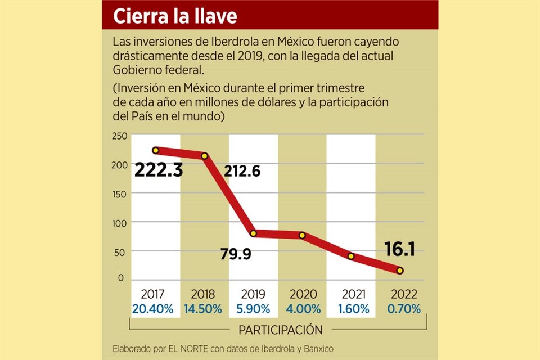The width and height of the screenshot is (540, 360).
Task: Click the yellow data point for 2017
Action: click(x=156, y=150)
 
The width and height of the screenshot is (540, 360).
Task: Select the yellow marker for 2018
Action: click(x=205, y=156)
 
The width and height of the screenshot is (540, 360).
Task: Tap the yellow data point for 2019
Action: click(x=253, y=233)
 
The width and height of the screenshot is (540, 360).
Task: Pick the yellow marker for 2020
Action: click(x=302, y=235)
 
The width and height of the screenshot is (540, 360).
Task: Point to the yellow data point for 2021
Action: click(x=351, y=256)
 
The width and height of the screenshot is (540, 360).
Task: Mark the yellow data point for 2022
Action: click(x=400, y=271)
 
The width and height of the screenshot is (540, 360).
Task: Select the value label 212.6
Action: click(x=242, y=171)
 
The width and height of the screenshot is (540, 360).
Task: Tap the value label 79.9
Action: click(x=235, y=254)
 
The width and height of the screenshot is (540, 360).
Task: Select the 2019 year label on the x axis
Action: click(x=253, y=294)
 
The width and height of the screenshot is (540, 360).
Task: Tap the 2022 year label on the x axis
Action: click(x=400, y=294)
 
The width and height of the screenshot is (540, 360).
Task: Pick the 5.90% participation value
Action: click(x=253, y=309)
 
